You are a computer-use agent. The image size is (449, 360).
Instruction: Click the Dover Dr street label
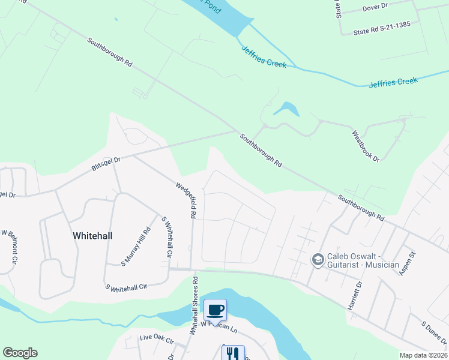click(376, 8)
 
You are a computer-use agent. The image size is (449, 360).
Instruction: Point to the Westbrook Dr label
click(366, 146)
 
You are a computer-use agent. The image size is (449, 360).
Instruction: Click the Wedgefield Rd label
click(186, 200)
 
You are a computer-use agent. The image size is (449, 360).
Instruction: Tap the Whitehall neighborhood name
click(92, 236)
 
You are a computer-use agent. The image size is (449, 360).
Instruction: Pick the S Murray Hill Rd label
click(136, 246)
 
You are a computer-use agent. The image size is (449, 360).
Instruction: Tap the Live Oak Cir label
click(157, 340)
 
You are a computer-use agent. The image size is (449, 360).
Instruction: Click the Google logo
click(20, 353)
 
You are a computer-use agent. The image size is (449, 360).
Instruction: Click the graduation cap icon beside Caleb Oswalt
click(318, 259)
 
